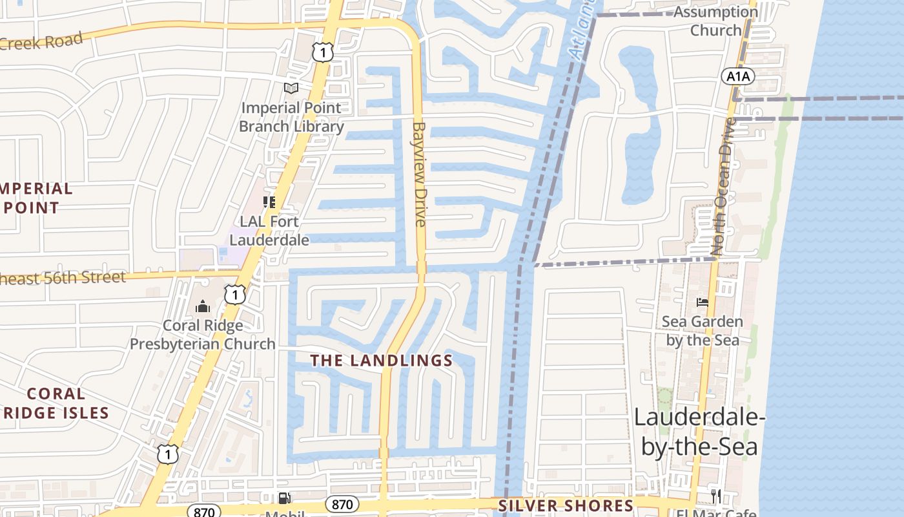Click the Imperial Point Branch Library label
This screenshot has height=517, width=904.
(291, 117)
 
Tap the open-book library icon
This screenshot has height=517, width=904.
(291, 88)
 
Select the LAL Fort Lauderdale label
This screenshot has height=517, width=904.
(269, 231)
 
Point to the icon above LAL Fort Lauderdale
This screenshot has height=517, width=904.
(269, 202)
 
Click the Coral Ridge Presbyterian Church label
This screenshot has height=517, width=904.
(203, 335)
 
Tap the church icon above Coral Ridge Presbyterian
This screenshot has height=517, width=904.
(203, 306)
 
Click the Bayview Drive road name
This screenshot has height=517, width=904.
(419, 174)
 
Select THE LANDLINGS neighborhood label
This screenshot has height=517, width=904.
(382, 361)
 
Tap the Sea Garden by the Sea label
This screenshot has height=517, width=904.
(702, 331)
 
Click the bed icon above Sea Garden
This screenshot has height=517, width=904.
(702, 302)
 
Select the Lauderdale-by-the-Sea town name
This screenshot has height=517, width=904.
(699, 431)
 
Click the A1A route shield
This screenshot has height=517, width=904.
(737, 77)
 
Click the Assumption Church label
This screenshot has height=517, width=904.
(715, 21)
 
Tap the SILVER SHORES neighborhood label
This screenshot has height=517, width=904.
(566, 505)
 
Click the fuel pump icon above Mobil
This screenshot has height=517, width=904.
(284, 498)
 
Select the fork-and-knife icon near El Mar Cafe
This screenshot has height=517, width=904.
(715, 496)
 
